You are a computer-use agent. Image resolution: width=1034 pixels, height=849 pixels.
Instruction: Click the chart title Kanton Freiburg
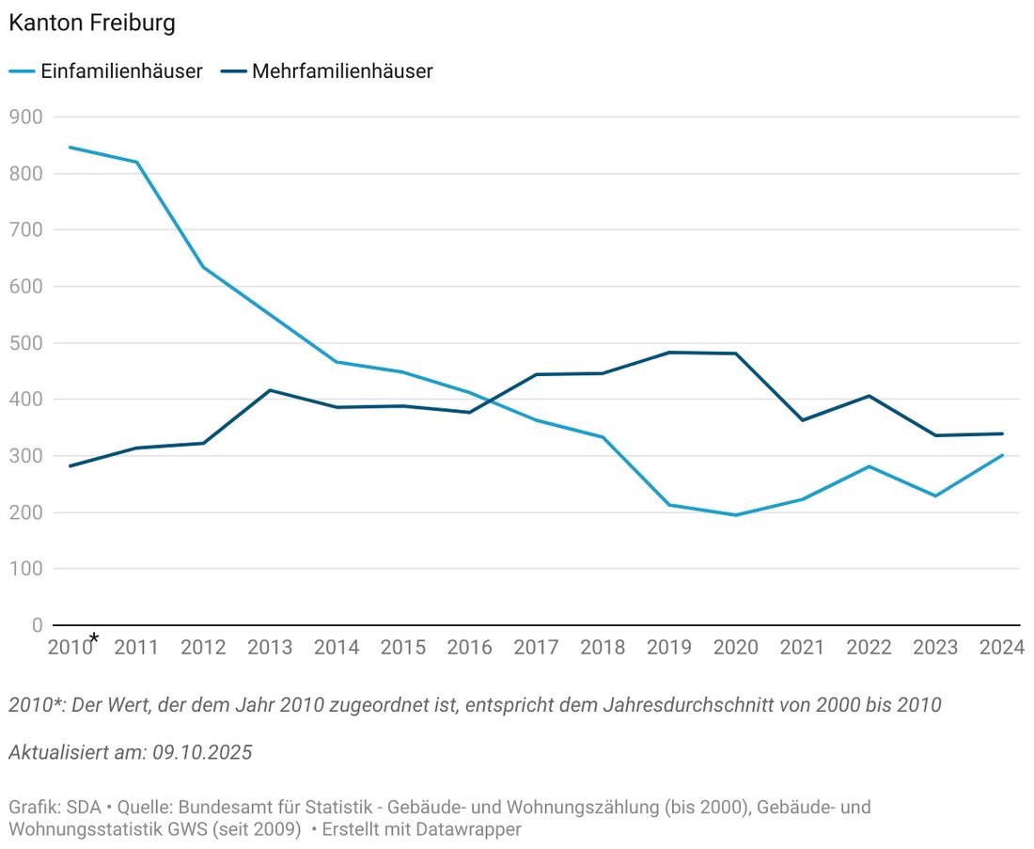[x=91, y=24]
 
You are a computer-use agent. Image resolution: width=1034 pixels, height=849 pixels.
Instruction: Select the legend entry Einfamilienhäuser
[x=120, y=71]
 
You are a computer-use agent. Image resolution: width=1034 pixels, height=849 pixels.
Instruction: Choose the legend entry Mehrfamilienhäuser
[x=341, y=71]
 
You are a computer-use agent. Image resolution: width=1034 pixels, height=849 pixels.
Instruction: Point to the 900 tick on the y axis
[x=25, y=117]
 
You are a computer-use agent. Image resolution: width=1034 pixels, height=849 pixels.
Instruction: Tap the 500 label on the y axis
[x=25, y=343]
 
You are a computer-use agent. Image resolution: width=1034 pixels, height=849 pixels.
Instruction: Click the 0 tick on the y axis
[x=37, y=625]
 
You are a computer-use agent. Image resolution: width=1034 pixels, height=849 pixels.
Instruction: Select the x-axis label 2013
[x=270, y=648]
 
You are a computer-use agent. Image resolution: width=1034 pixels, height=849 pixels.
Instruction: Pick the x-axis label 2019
[x=669, y=648]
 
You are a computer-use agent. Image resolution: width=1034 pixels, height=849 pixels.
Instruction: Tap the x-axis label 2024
[x=1001, y=648]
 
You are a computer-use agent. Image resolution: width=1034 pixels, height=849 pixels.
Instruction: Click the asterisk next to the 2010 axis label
[x=93, y=640]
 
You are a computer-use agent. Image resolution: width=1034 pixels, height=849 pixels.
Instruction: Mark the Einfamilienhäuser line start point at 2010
[x=70, y=147]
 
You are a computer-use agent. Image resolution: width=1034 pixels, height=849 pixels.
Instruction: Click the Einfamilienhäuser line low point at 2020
[x=735, y=515]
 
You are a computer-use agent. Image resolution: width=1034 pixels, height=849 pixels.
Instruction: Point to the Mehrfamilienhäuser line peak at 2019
[x=669, y=353]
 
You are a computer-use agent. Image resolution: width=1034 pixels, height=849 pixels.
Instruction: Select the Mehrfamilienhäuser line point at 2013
[x=270, y=390]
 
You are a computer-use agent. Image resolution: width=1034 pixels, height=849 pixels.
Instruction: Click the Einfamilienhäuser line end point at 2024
[x=1002, y=455]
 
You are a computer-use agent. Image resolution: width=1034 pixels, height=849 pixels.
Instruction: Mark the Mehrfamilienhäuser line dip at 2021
[x=802, y=420]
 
